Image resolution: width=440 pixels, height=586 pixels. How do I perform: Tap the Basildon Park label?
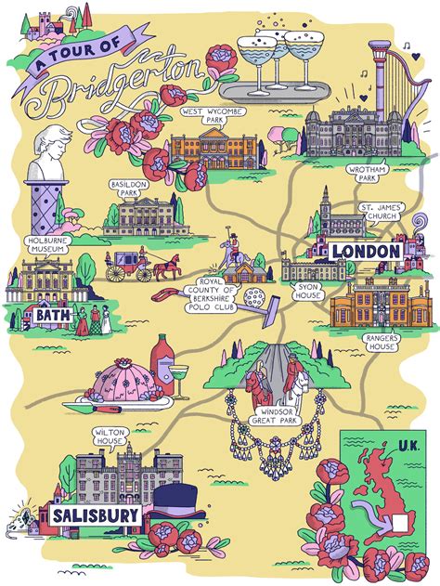(127, 189)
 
